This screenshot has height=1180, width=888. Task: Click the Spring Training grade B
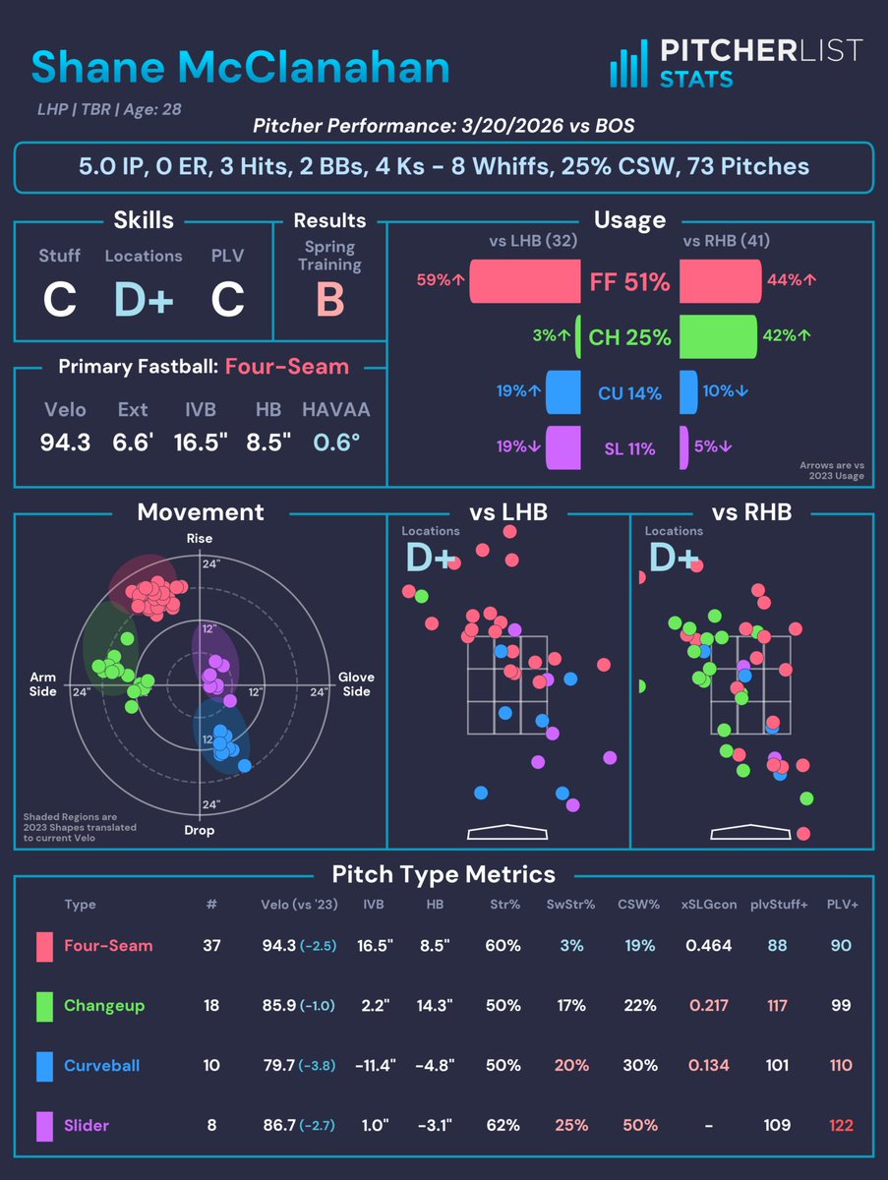click(329, 300)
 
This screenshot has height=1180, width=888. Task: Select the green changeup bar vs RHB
click(718, 337)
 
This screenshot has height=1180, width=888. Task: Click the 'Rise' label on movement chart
click(200, 539)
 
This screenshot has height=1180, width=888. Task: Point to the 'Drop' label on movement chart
click(200, 830)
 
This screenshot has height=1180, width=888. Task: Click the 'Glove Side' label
click(355, 684)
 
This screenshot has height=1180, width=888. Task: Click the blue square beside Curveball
click(43, 1065)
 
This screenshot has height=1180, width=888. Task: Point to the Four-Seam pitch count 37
click(211, 946)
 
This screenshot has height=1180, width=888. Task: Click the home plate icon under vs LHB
click(507, 832)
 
